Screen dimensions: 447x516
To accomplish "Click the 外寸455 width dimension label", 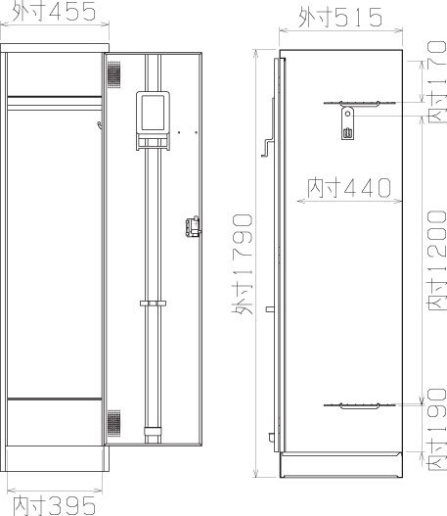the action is [54, 11].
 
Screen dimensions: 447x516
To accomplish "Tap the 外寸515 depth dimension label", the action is [340, 17].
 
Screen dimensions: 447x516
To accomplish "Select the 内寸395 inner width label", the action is [55, 505].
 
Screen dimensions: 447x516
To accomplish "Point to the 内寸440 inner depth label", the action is [349, 188].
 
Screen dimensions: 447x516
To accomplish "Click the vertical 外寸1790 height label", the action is [243, 264].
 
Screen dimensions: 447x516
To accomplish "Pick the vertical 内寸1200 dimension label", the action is [437, 260].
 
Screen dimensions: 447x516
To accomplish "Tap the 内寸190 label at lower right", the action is [437, 429].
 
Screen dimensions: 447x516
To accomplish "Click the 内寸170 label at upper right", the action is [437, 82].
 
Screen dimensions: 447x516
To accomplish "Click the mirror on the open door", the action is [153, 113].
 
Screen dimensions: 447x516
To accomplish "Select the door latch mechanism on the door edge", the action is [193, 226].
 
